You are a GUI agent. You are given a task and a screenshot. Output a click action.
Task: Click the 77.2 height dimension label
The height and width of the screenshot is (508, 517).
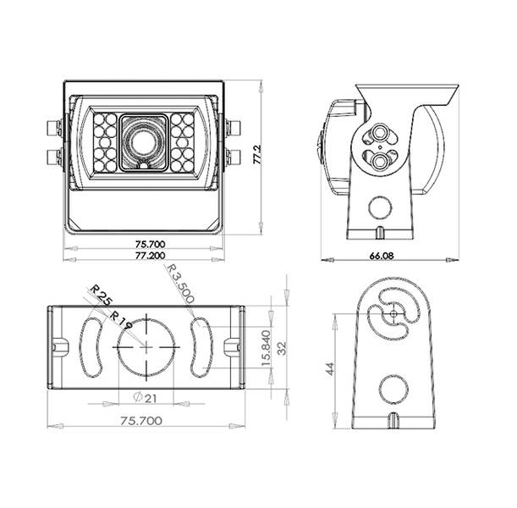point(258,155)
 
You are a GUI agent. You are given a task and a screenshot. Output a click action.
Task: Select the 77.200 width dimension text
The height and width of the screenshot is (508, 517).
point(150,256)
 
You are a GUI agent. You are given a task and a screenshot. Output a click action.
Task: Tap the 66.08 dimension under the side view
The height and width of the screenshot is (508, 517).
point(382,256)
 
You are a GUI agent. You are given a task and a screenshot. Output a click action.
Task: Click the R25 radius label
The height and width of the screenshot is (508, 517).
point(102,295)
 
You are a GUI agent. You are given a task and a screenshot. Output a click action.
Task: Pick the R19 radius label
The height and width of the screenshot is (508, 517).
point(120,320)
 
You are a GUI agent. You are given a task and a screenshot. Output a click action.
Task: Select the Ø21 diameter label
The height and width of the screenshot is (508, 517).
point(145,398)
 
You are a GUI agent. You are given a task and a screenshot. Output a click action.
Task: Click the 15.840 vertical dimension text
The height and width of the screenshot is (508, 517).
point(266,348)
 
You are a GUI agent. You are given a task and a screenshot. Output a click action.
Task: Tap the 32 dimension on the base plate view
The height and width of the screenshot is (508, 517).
point(282,348)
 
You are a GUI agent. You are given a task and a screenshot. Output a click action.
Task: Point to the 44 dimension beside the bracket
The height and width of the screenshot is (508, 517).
point(330,368)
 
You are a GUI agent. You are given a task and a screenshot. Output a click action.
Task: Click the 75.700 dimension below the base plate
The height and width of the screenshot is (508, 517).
point(141,421)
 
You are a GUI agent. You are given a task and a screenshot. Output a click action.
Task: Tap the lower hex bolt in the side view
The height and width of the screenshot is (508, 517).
point(380,161)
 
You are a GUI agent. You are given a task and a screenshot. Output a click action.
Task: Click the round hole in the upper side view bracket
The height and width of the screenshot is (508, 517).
point(380,207)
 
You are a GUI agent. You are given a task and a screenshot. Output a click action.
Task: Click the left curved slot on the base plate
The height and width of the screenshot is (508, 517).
point(91,347)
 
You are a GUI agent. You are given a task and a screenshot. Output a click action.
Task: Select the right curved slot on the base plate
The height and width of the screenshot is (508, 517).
point(201,346)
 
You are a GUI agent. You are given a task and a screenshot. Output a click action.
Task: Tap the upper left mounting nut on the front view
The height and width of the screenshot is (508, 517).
point(53,129)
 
